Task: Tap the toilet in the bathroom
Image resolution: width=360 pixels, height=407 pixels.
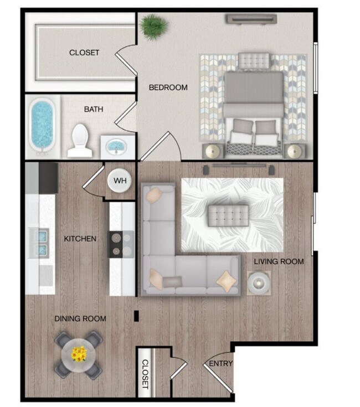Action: click(x=80, y=139)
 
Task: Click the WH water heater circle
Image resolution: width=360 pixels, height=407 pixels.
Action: click(x=120, y=180)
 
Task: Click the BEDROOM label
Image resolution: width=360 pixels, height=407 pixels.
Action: click(x=168, y=87)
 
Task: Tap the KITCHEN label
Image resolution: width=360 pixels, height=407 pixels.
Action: click(x=80, y=239)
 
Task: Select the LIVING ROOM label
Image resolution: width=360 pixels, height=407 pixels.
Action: click(x=279, y=261)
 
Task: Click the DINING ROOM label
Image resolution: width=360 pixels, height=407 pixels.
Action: click(x=80, y=319)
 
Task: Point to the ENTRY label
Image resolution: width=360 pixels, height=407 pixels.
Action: click(x=221, y=364)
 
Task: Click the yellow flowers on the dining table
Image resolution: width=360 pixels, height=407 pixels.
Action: click(x=80, y=352)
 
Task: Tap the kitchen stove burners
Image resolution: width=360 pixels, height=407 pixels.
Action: click(x=121, y=244)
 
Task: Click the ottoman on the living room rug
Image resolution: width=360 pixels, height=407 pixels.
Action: click(x=228, y=215)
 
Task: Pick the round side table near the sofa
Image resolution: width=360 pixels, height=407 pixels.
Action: click(x=258, y=284)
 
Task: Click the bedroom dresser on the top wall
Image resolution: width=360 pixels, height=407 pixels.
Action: click(x=251, y=18)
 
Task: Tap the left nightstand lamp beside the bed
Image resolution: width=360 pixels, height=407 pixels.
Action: click(x=213, y=151)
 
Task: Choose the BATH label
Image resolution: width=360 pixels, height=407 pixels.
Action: click(x=94, y=110)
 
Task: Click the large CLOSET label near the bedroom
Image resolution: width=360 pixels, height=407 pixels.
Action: click(x=84, y=53)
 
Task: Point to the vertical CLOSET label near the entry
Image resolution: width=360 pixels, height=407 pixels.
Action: click(x=145, y=373)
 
